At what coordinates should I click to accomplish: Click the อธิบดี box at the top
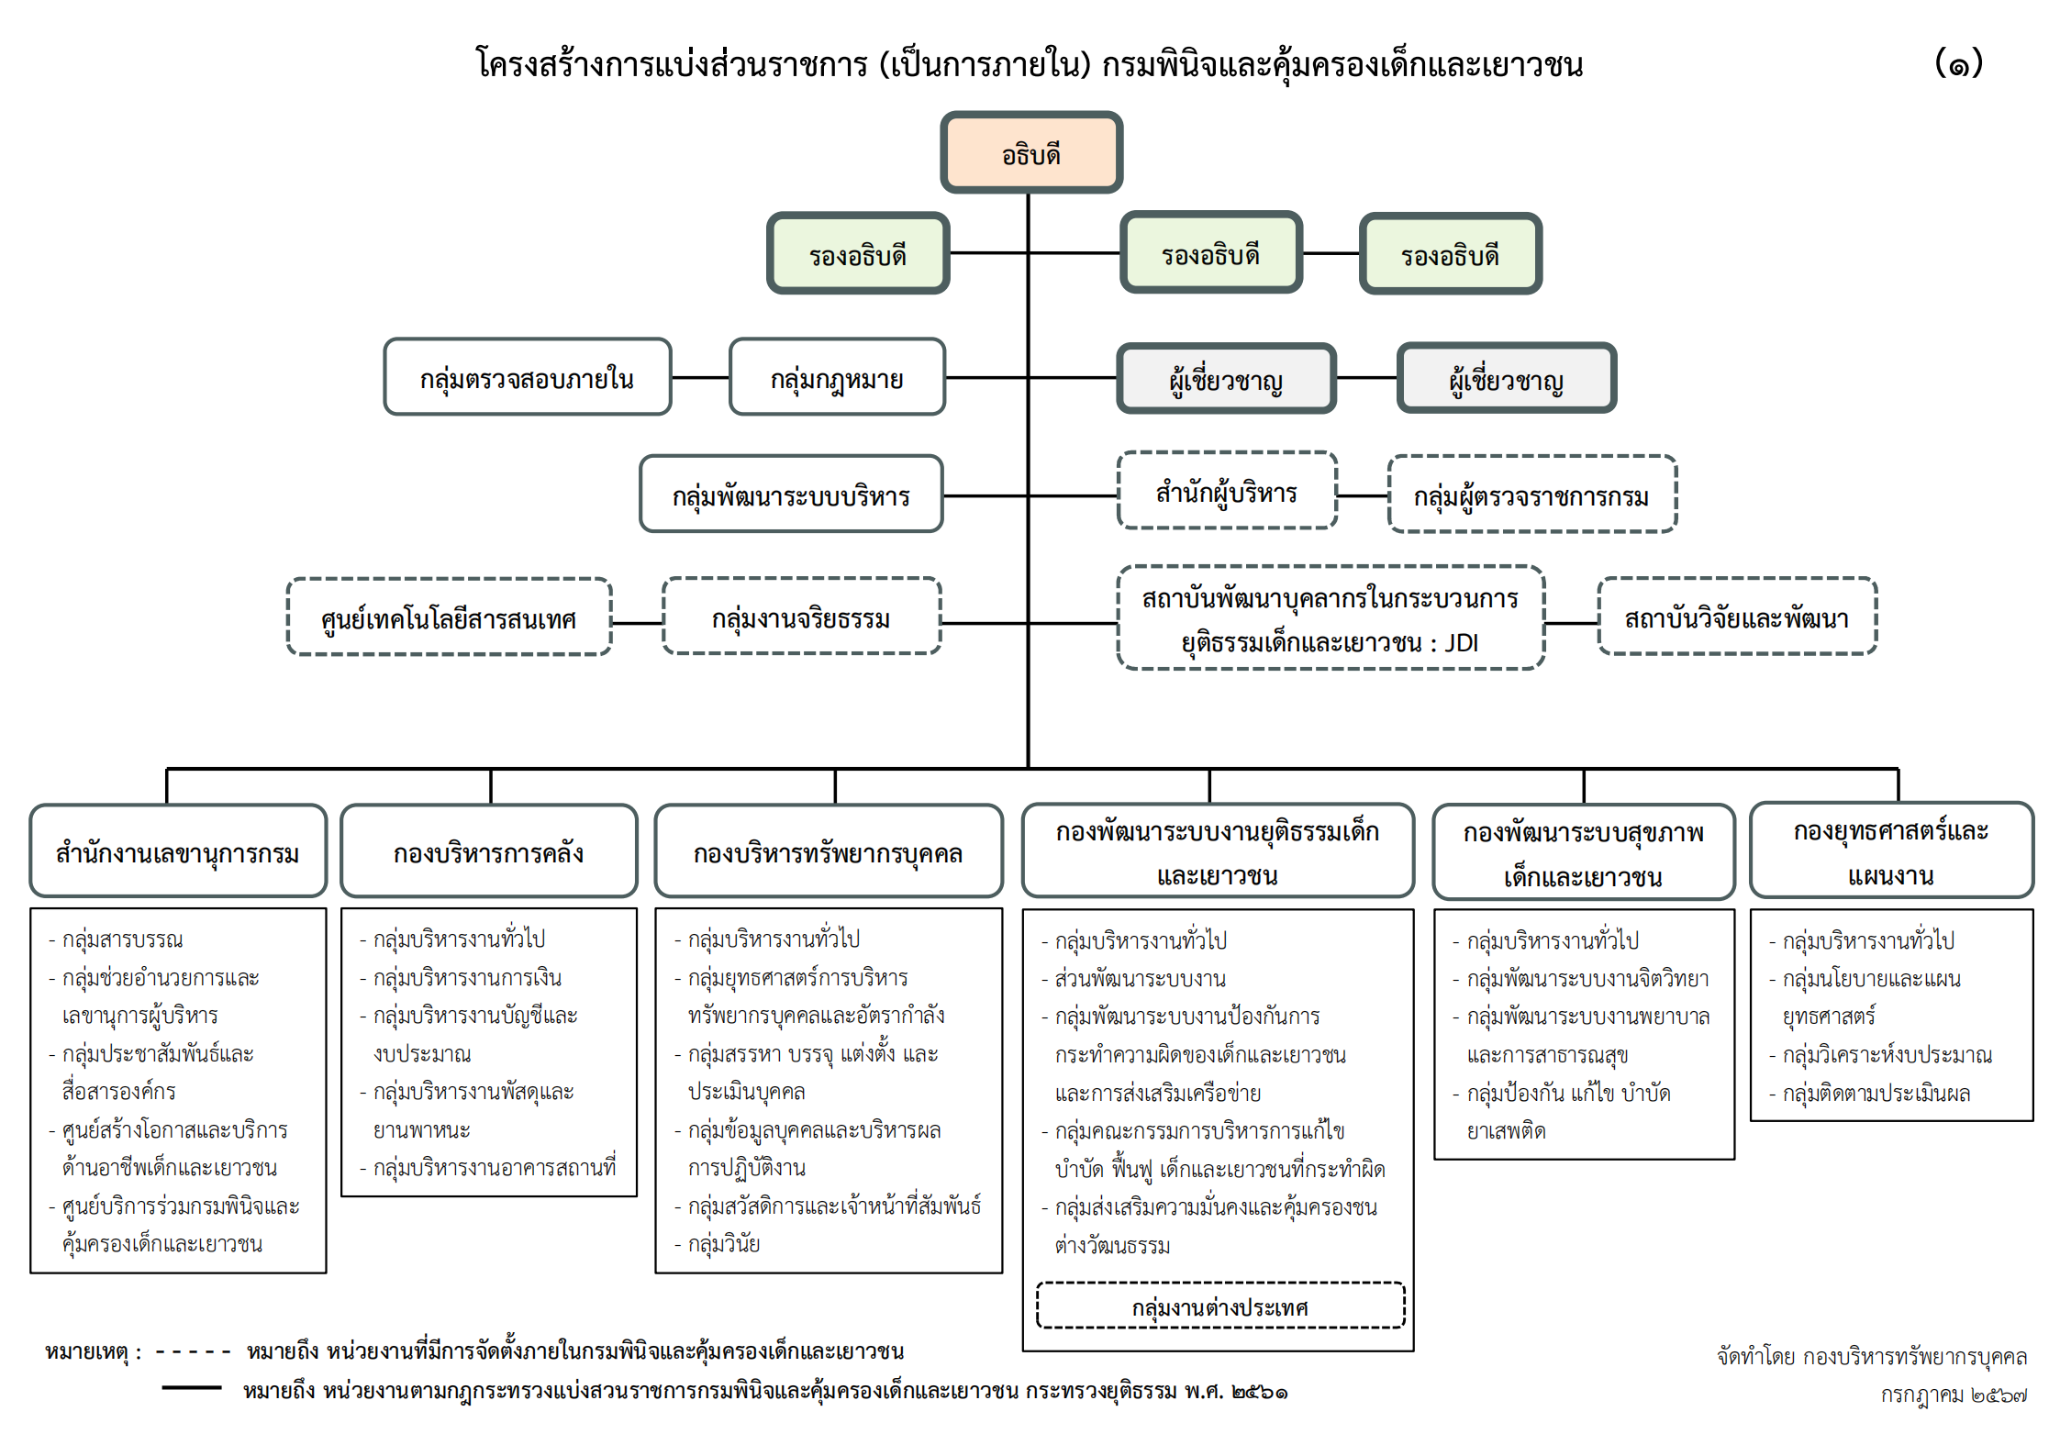point(1031,152)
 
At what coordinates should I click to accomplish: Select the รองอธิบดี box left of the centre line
point(858,253)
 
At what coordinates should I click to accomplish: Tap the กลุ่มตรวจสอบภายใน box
point(528,377)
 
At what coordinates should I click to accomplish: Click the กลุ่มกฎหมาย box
point(837,377)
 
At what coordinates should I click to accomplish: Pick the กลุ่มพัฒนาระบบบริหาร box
point(791,494)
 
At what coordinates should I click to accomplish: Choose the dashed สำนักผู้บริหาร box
point(1227,491)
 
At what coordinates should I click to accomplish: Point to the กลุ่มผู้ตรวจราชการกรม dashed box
point(1532,495)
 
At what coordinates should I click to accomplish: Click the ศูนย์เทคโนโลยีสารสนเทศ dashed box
point(450,617)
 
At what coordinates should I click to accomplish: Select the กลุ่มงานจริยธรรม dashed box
point(802,617)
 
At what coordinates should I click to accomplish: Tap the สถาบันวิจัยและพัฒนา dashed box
point(1737,617)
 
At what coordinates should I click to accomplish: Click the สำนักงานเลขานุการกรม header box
point(178,851)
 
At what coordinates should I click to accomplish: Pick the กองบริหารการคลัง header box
point(489,851)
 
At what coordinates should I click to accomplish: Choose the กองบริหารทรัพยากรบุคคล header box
point(829,851)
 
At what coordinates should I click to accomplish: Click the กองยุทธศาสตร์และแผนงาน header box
point(1891,850)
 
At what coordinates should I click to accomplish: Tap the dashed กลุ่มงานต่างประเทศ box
point(1220,1306)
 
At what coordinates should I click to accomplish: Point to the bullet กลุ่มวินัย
point(718,1244)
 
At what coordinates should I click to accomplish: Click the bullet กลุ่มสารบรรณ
point(116,939)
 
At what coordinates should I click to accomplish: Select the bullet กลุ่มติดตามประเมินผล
point(1870,1093)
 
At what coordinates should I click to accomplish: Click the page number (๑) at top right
point(1959,63)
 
